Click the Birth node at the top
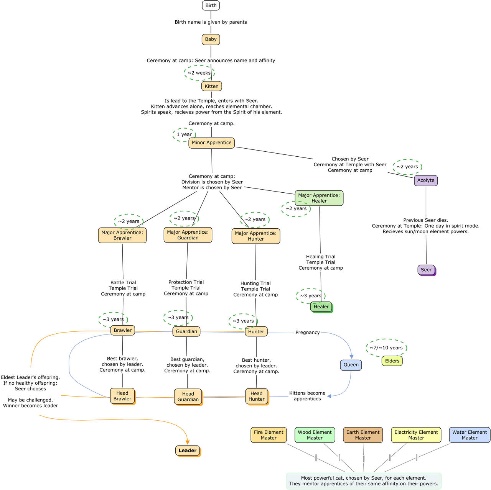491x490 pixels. click(x=211, y=5)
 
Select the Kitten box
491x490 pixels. click(x=211, y=86)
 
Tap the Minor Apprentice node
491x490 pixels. click(x=211, y=143)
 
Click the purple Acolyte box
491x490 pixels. click(x=426, y=180)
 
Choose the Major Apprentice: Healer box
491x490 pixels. click(x=319, y=198)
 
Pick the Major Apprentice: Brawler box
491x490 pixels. click(x=122, y=235)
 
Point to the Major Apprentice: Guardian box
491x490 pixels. click(x=188, y=235)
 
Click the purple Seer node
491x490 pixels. click(x=426, y=270)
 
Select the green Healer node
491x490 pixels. click(x=321, y=306)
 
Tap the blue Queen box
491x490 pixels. click(x=351, y=365)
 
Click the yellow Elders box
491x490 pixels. click(x=392, y=361)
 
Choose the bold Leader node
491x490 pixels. click(x=187, y=451)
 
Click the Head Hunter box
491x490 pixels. click(x=256, y=396)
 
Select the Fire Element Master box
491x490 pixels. click(x=269, y=435)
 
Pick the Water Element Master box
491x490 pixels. click(x=470, y=435)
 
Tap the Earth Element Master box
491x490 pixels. click(x=362, y=435)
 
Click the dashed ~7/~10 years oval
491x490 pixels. click(x=386, y=348)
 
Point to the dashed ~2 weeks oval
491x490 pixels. click(x=199, y=73)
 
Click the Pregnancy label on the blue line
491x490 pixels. click(x=307, y=333)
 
